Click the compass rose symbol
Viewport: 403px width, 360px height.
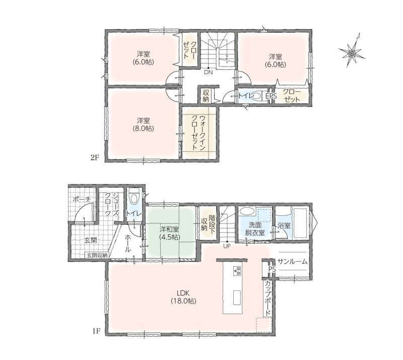pos(352,53)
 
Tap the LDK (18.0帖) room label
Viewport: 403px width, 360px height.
pos(183,296)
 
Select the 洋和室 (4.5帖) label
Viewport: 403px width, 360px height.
pos(169,232)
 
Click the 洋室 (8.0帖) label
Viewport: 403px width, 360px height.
pos(144,124)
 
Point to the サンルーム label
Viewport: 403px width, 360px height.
pos(293,262)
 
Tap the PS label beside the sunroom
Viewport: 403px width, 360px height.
pos(272,269)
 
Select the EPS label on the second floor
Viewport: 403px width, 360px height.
pos(271,96)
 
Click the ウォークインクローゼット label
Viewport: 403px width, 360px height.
pos(198,133)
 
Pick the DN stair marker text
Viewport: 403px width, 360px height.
pos(209,72)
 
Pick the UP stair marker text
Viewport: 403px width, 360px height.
pos(227,246)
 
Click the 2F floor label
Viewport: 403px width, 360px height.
pos(95,157)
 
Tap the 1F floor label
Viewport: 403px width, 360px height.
pos(96,331)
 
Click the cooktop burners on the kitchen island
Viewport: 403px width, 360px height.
pos(237,270)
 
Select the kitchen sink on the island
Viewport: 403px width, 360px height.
pos(237,297)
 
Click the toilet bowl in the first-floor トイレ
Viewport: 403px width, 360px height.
pos(133,198)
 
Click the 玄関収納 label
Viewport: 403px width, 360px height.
pos(97,255)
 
